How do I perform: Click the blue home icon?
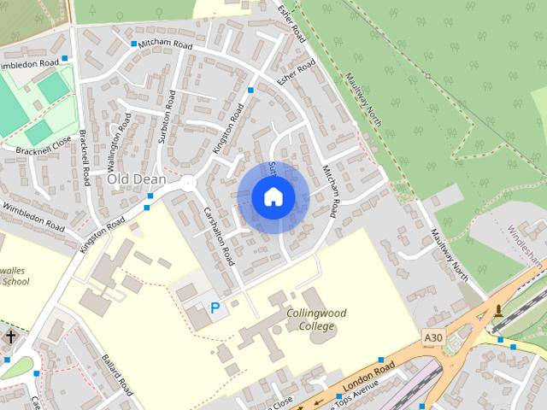coord(273,197)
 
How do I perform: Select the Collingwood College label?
coord(318,319)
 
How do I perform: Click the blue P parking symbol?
coord(215,307)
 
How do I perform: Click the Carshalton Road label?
coord(220,236)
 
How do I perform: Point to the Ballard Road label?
coord(117,375)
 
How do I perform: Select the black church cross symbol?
coord(10,338)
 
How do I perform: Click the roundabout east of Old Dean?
coord(188,183)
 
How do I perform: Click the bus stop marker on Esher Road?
coord(250,90)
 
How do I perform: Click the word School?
coord(15,281)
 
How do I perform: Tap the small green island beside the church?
coord(20,366)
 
